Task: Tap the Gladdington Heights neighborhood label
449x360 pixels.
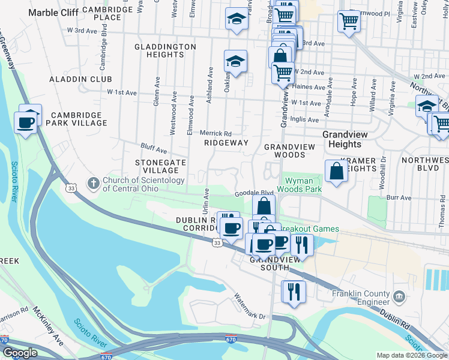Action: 165,50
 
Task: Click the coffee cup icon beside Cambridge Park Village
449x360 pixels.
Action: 26,122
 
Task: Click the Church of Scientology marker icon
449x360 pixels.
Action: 92,181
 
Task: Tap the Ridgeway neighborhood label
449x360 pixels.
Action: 226,143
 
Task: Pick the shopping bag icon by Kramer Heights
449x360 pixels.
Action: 337,172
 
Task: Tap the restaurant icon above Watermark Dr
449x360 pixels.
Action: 294,292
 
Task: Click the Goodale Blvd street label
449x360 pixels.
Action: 250,193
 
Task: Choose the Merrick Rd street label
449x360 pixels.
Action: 215,133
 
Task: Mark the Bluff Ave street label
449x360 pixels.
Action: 154,148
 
